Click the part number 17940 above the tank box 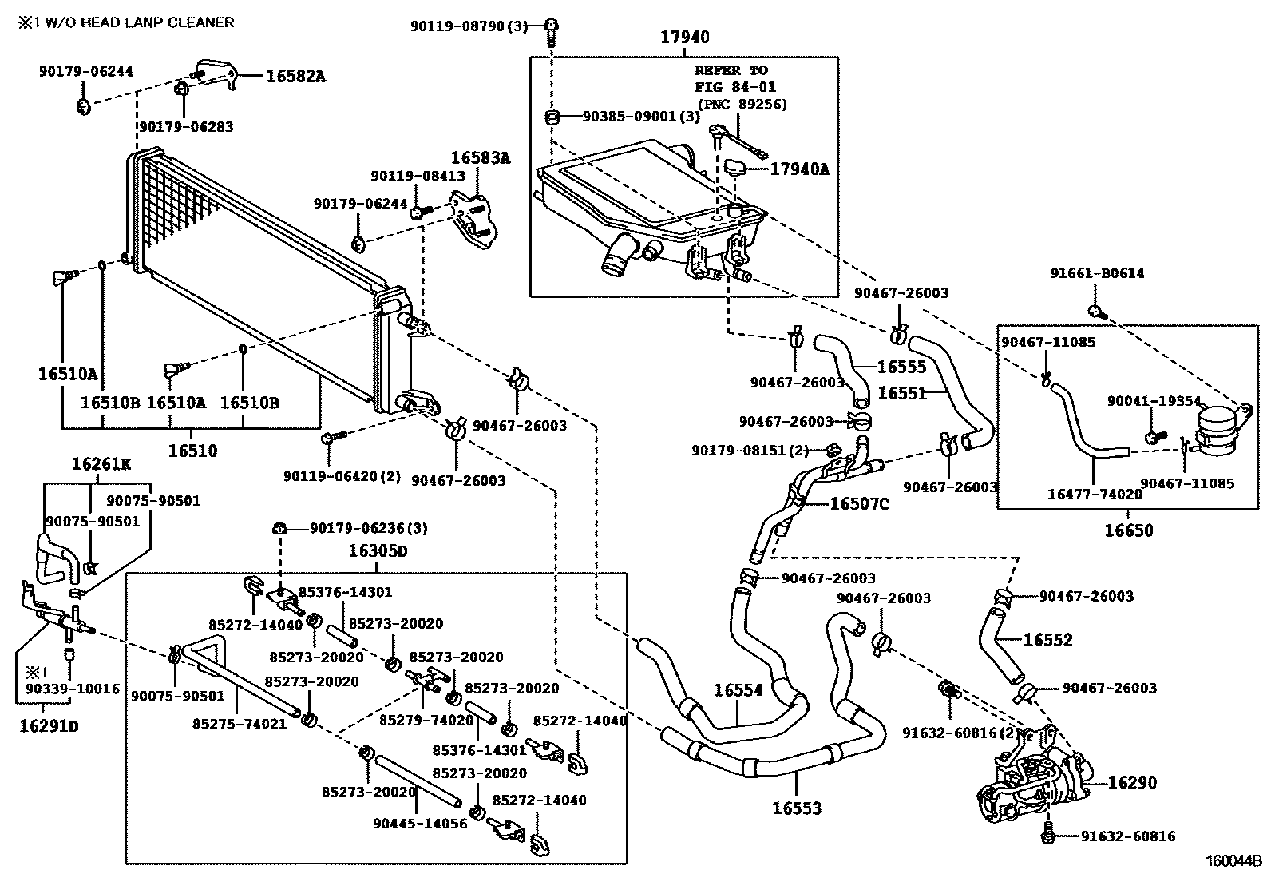(x=684, y=37)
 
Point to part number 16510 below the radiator (x=192, y=451)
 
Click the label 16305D (x=378, y=551)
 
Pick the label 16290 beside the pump (x=1132, y=782)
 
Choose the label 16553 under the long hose (x=796, y=808)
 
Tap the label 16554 (x=738, y=690)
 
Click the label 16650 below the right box (x=1129, y=530)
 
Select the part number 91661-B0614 (x=1097, y=273)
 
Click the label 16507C (x=859, y=503)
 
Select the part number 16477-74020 (x=1095, y=495)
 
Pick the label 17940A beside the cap (x=800, y=169)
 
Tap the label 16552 (x=1047, y=640)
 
